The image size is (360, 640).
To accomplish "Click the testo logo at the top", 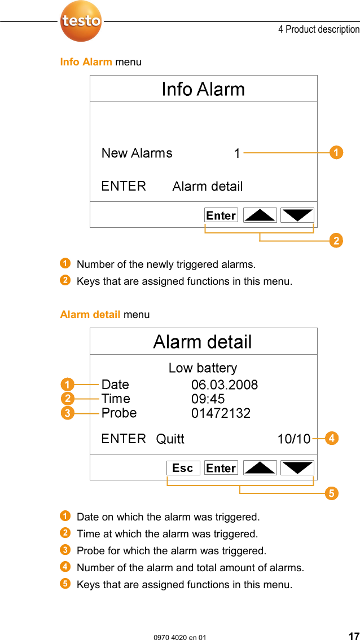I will click(81, 21).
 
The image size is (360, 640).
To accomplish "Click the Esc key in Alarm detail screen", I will click(183, 468).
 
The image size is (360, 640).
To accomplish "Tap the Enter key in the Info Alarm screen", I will click(221, 215).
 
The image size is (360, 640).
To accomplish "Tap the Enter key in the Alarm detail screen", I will click(221, 468).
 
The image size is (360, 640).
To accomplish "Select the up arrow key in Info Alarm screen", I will click(260, 215).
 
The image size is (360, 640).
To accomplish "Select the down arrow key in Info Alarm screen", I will click(297, 215).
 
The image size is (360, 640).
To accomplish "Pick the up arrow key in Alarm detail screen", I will click(260, 468).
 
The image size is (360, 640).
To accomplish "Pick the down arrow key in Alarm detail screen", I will click(297, 468).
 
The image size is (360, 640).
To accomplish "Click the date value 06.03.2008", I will click(225, 385).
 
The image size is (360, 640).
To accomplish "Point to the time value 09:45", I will click(208, 399).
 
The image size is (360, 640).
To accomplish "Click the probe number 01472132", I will click(221, 413).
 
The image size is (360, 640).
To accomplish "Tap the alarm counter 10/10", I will click(293, 439).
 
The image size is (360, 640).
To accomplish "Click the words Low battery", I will click(203, 368).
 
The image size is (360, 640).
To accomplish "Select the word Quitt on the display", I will click(170, 439).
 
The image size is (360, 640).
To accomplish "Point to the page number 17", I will click(353, 635).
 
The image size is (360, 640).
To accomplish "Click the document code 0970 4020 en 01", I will click(180, 637).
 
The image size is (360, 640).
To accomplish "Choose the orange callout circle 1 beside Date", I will click(67, 385).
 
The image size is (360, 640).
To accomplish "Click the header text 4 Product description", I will click(318, 29).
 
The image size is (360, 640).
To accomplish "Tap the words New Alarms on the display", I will click(137, 153).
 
